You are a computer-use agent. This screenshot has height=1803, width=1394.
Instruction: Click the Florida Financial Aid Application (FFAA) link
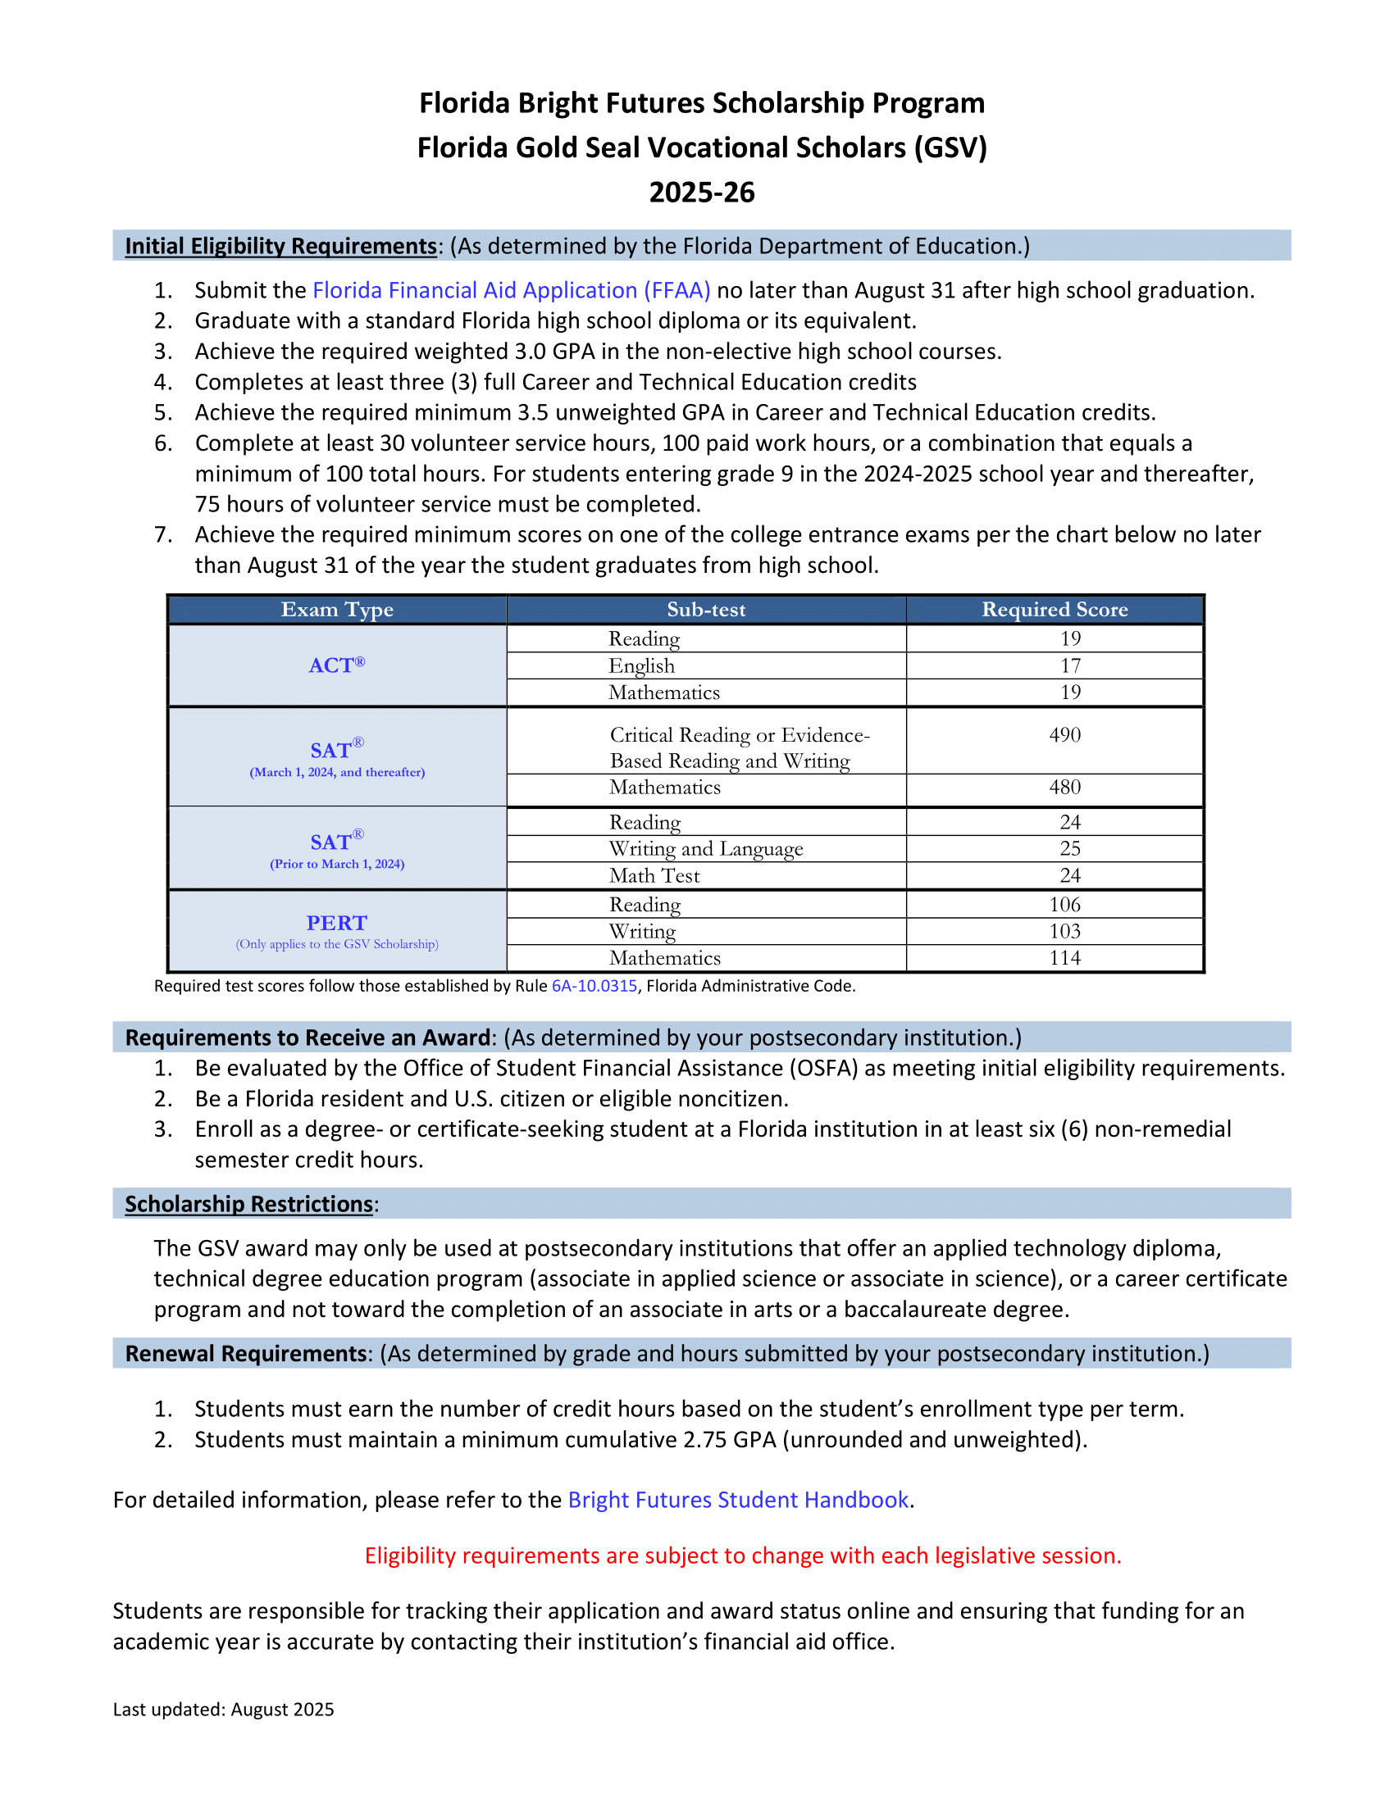coord(511,291)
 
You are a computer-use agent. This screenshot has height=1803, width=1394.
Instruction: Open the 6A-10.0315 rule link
coord(594,986)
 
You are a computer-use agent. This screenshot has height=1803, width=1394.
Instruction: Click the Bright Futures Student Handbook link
coord(737,1500)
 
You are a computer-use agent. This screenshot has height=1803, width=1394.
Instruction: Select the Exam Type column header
coord(337,609)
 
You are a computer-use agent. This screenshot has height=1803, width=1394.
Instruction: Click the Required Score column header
coord(1054,609)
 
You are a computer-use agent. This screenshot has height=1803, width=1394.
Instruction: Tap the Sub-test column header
coord(706,609)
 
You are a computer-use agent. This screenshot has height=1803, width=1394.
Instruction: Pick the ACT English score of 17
coord(1070,665)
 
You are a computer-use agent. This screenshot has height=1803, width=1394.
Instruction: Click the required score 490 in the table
coord(1064,735)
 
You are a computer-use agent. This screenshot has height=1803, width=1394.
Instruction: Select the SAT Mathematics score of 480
coord(1064,787)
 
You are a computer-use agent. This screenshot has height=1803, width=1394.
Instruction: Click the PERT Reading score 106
coord(1064,904)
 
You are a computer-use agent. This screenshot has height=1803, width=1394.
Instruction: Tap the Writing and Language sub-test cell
coord(706,849)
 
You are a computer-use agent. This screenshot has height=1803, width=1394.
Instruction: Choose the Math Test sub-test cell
coord(655,875)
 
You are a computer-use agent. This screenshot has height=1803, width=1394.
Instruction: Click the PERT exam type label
coord(337,923)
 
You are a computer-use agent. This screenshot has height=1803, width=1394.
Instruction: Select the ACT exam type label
coord(336,665)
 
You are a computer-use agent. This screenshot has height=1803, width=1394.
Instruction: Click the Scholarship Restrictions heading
coord(249,1204)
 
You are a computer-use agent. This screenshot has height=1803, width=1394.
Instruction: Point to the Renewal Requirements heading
coord(246,1354)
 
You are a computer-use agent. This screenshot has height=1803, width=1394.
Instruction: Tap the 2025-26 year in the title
coord(701,193)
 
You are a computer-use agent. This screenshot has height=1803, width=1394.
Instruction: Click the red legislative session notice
coord(742,1555)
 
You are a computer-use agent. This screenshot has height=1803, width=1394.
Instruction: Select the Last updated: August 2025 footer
coord(224,1709)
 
